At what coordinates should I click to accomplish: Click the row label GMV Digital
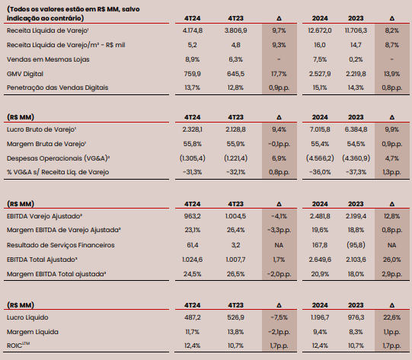[25, 74]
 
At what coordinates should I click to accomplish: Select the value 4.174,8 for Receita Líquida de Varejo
[193, 30]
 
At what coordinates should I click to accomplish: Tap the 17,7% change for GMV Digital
[279, 74]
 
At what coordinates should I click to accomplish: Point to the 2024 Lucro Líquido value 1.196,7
[320, 317]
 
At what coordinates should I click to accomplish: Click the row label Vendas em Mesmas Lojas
[48, 59]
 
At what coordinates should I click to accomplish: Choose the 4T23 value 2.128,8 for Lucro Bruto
[235, 129]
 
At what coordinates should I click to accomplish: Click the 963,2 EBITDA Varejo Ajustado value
[193, 216]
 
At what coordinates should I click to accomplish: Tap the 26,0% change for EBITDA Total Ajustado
[391, 260]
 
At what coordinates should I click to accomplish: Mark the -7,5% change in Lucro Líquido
[279, 317]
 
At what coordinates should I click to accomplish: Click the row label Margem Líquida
[33, 332]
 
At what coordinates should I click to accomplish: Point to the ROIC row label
[18, 346]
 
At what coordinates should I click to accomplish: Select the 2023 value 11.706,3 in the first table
[356, 30]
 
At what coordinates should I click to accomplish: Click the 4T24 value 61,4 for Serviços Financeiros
[193, 245]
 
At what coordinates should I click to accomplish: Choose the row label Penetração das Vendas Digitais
[58, 88]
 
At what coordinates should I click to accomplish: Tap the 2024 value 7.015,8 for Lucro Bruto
[320, 129]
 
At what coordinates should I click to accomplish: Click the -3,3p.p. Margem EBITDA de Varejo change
[279, 230]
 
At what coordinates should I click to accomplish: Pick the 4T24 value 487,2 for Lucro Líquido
[193, 317]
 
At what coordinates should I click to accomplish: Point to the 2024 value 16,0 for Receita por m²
[320, 45]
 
